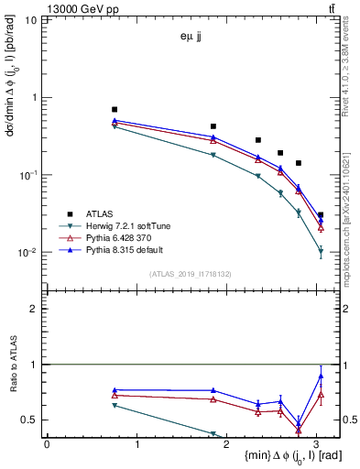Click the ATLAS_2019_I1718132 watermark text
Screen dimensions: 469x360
point(191,275)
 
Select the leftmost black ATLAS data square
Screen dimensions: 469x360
point(115,109)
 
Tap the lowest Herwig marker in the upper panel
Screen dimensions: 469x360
point(320,250)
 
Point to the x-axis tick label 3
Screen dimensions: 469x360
point(318,443)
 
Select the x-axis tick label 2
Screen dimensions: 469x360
point(228,443)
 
